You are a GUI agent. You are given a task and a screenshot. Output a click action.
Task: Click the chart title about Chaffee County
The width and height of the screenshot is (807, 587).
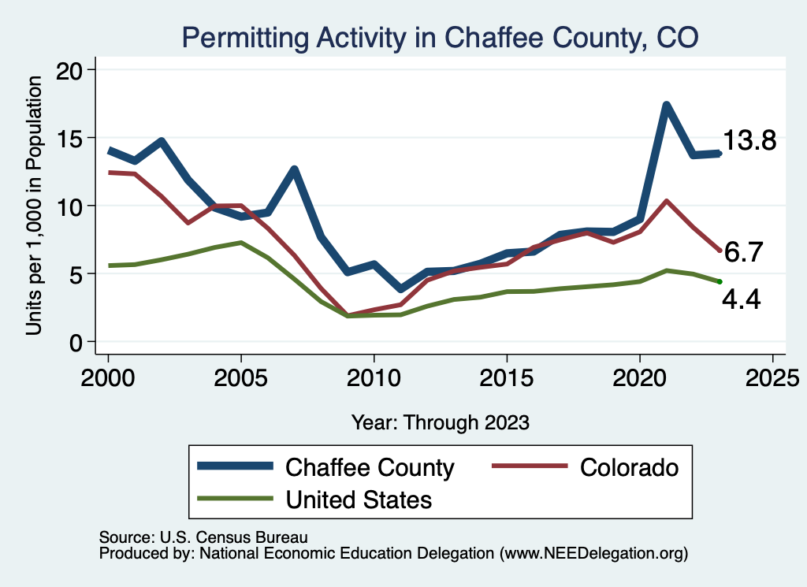click(x=440, y=36)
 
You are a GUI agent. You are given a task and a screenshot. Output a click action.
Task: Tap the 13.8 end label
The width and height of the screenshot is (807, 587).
click(x=749, y=142)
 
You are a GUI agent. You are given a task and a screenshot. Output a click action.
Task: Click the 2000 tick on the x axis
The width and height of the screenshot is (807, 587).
click(x=108, y=375)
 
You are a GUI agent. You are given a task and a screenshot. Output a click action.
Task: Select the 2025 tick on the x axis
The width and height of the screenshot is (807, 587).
click(x=772, y=375)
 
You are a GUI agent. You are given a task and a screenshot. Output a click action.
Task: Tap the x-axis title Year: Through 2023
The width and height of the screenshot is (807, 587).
click(x=440, y=422)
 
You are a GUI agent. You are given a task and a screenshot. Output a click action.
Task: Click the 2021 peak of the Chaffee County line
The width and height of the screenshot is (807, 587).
click(x=667, y=105)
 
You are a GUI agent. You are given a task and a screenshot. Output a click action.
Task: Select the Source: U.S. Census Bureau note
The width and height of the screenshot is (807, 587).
click(x=203, y=537)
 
